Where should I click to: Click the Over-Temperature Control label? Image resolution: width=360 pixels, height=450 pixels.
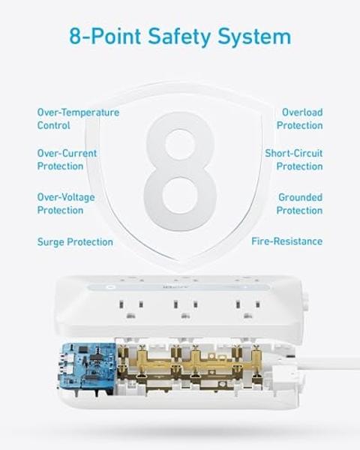pos(78,118)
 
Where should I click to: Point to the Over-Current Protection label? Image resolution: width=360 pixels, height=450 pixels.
pos(67,160)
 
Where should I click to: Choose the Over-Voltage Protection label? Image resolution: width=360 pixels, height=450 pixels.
pos(67,203)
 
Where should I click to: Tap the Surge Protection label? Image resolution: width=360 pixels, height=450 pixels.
pos(75,242)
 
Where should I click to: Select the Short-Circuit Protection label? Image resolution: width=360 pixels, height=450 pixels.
pos(293,160)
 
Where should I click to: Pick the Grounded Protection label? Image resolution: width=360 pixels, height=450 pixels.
pos(299,203)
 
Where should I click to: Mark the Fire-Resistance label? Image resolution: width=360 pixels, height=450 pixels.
pos(287,241)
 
